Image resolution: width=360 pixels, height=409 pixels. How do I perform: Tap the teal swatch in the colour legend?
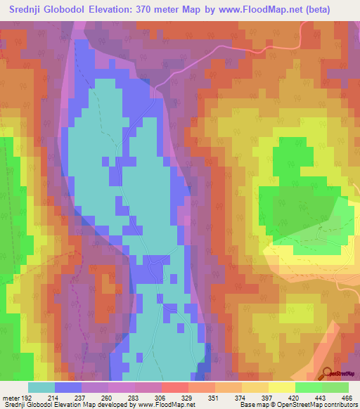(41, 387)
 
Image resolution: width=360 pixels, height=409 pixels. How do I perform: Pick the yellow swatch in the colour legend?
(281, 387)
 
